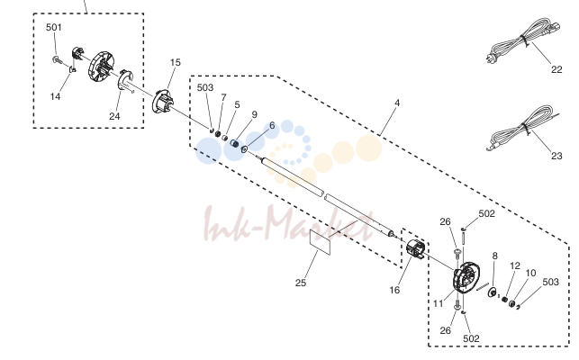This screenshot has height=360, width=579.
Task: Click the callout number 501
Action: click(x=54, y=27)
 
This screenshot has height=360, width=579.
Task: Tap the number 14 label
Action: click(x=55, y=96)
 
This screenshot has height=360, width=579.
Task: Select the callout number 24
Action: click(x=114, y=116)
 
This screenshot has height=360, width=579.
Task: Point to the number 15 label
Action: click(x=176, y=62)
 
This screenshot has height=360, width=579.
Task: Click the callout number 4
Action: click(x=397, y=103)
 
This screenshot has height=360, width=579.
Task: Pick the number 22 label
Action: click(x=556, y=69)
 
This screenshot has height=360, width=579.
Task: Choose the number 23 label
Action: click(x=556, y=157)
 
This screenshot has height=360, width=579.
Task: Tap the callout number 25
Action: click(x=301, y=283)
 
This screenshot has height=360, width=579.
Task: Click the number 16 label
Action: click(x=394, y=290)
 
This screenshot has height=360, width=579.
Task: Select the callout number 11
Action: click(x=438, y=303)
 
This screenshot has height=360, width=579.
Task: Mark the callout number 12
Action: click(x=515, y=265)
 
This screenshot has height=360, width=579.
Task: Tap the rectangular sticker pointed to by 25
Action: click(x=320, y=242)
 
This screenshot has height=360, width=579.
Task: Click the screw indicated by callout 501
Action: click(x=57, y=59)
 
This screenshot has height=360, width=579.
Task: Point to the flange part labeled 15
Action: click(x=162, y=101)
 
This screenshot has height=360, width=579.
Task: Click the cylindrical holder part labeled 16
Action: click(x=416, y=248)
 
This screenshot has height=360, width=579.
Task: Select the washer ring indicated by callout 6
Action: click(x=244, y=149)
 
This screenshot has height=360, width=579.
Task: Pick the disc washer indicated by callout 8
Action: click(x=493, y=292)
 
